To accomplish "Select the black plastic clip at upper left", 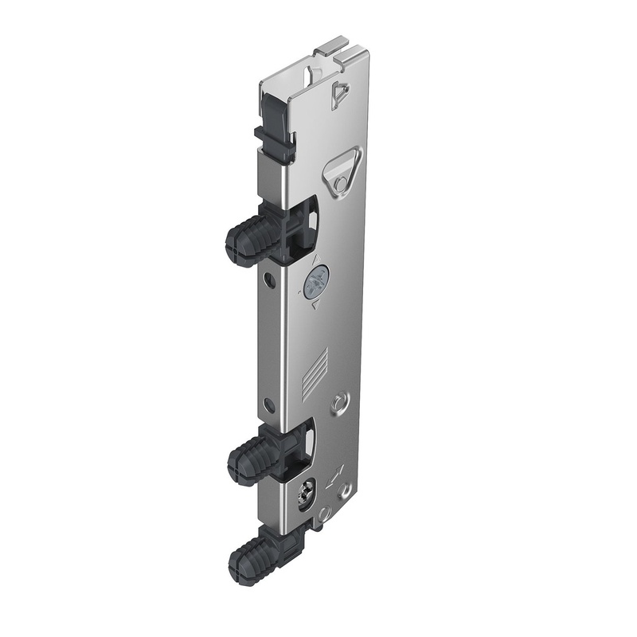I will pyautogui.click(x=274, y=143).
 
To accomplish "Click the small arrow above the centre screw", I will pyautogui.click(x=316, y=259).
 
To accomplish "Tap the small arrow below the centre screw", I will pyautogui.click(x=315, y=305).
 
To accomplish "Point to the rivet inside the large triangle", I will pyautogui.click(x=341, y=183).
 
